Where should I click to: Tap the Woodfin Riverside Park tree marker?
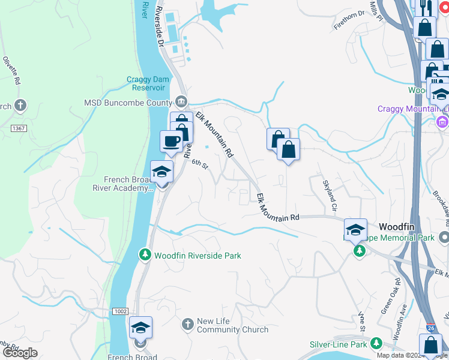click(x=144, y=256)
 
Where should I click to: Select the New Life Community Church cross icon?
click(x=187, y=325)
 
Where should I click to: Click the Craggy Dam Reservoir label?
click(x=145, y=83)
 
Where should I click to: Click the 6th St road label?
click(x=199, y=164)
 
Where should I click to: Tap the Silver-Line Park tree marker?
click(x=376, y=344)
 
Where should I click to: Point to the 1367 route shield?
click(x=19, y=128)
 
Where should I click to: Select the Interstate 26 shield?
click(x=431, y=329)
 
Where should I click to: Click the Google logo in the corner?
click(x=20, y=353)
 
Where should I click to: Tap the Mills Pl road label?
click(x=376, y=11)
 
